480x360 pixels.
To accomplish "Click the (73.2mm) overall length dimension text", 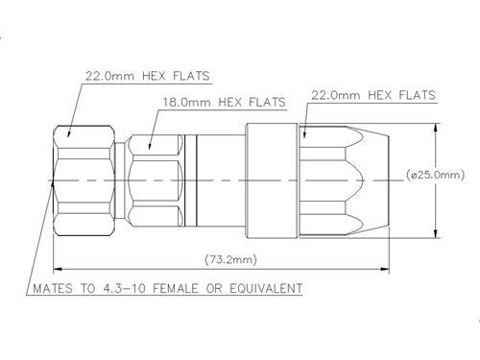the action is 230,259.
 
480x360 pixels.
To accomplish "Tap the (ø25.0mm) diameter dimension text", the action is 436,175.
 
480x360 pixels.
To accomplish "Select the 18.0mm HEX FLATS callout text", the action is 225,102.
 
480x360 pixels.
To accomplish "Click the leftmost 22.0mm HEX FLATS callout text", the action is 148,76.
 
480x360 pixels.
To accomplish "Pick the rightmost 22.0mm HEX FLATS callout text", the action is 373,95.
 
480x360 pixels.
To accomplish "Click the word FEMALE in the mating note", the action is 176,288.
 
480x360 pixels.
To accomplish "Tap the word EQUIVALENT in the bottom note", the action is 266,288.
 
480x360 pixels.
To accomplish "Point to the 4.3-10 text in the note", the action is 124,288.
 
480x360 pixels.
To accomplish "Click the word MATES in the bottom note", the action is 53,288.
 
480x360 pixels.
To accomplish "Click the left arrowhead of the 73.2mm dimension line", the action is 58,269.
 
